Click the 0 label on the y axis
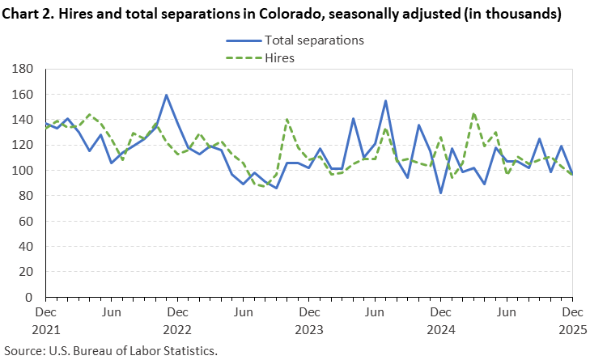[33, 298]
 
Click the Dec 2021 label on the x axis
[45, 320]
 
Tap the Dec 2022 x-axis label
[177, 320]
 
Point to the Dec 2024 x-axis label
[440, 320]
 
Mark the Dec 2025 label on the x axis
[571, 320]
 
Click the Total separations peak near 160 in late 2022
[166, 95]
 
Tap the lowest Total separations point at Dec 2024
[440, 193]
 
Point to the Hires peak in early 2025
[473, 113]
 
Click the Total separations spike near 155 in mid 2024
[385, 101]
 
